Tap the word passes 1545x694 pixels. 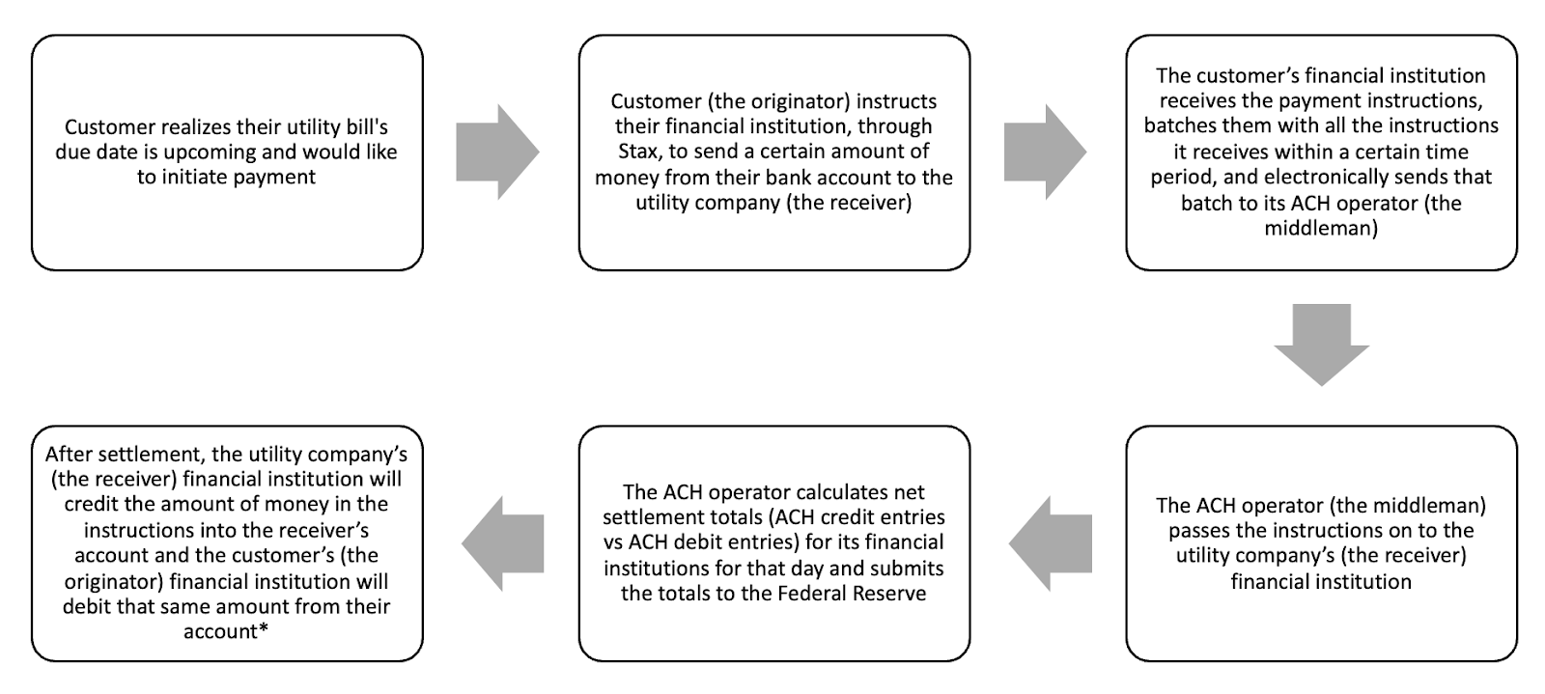pos(1199,531)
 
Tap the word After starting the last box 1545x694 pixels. pos(70,455)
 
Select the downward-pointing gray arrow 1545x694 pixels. pos(1321,345)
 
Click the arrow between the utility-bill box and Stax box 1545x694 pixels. pos(497,153)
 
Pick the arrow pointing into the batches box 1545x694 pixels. pos(1045,153)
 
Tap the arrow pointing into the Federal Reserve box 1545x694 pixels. pos(1051,543)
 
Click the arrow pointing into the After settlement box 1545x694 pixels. pos(503,543)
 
